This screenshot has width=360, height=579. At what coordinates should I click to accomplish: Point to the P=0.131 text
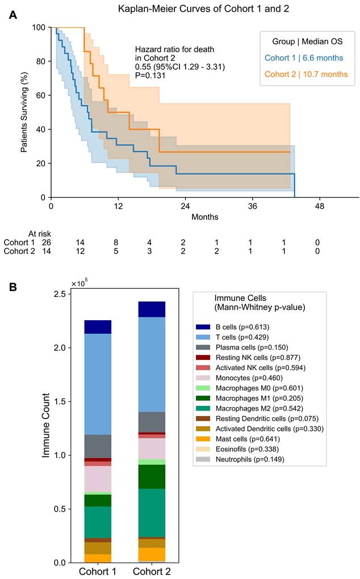click(x=150, y=75)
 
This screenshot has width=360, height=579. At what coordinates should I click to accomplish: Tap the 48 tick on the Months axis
click(x=320, y=207)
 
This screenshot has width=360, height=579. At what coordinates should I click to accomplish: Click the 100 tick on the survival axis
click(x=39, y=27)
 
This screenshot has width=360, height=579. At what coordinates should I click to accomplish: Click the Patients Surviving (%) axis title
click(x=24, y=112)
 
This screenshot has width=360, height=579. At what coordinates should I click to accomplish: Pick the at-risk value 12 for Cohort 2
click(x=81, y=251)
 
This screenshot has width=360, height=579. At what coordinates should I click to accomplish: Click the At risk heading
click(x=40, y=234)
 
